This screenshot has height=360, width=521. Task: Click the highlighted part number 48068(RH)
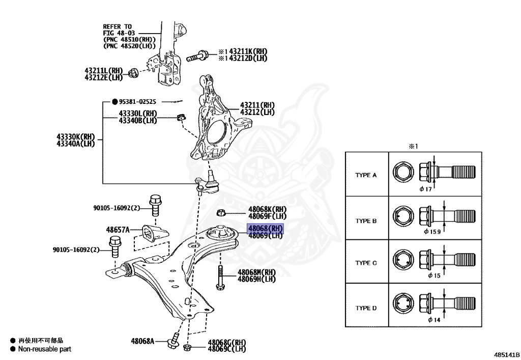tap(265, 229)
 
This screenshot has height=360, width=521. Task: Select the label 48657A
tap(118, 230)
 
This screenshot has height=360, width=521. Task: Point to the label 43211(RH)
tap(257, 105)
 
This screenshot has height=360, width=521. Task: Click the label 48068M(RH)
tap(256, 272)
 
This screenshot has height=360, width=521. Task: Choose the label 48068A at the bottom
tap(142, 341)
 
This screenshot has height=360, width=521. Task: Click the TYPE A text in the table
tap(366, 175)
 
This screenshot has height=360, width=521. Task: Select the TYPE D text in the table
tap(366, 308)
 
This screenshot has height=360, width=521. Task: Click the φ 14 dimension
tap(433, 320)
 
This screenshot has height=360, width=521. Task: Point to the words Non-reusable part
tap(45, 349)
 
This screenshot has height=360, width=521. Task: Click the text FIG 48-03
tap(117, 33)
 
